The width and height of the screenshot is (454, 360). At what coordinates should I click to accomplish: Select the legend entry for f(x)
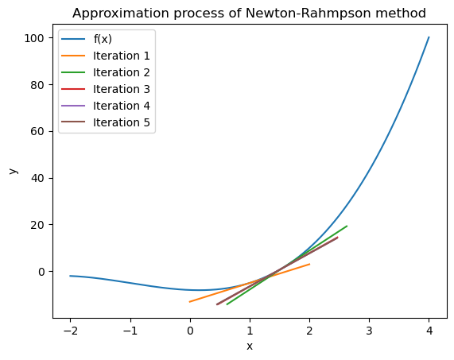(x=105, y=39)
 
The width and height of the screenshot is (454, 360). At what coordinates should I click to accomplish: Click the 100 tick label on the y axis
(x=35, y=37)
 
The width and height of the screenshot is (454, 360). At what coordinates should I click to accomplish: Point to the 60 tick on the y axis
(x=38, y=131)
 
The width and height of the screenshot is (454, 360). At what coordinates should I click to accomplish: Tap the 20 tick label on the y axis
(x=38, y=225)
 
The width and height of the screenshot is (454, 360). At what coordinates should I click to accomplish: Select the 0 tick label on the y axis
(x=41, y=272)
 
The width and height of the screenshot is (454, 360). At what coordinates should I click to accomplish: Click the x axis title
(x=250, y=346)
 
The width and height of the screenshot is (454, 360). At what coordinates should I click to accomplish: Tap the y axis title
(x=13, y=170)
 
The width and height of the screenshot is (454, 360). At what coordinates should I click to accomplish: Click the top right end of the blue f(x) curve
(x=429, y=37)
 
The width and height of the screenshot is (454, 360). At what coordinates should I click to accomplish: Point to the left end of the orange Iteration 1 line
(x=189, y=301)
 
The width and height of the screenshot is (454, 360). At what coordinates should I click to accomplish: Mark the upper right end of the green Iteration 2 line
(x=347, y=226)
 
